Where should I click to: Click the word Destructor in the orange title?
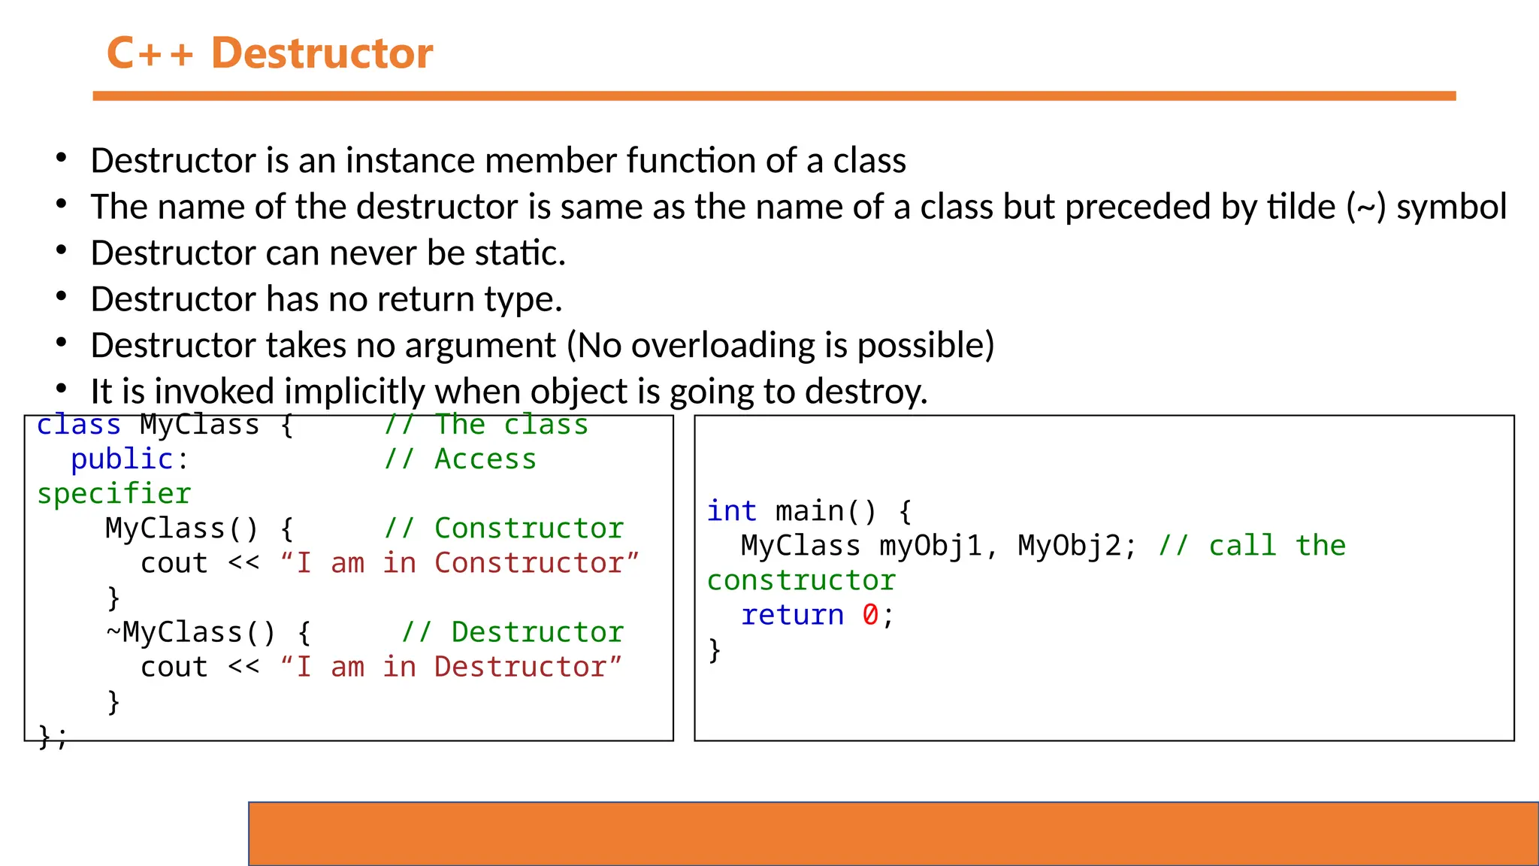point(322,53)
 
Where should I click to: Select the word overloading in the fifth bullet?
point(723,346)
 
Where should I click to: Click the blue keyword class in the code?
point(79,425)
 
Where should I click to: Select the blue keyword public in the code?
point(122,459)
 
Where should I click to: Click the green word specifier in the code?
point(114,494)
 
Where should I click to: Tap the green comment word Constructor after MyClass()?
point(529,528)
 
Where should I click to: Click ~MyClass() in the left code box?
point(191,632)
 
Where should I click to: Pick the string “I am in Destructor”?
point(451,667)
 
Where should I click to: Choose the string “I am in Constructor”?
point(459,563)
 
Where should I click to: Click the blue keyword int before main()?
point(731,511)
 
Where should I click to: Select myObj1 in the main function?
point(931,546)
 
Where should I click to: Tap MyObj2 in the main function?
point(1069,546)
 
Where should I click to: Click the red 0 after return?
point(870,615)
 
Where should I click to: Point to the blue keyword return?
point(792,615)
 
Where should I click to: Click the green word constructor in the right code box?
point(801,580)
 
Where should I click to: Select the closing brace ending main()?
point(714,649)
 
